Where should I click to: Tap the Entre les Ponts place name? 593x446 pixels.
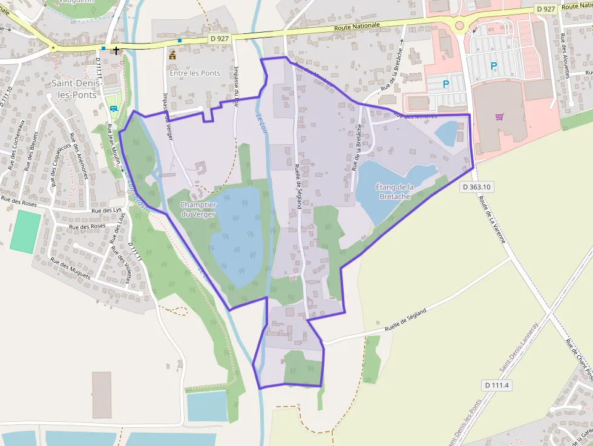click(x=194, y=73)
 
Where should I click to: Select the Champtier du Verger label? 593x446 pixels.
click(x=198, y=209)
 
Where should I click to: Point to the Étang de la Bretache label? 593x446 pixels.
click(x=395, y=191)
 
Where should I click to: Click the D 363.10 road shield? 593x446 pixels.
click(x=476, y=187)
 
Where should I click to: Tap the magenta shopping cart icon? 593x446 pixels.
click(x=499, y=117)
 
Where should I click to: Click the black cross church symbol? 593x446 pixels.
click(x=116, y=50)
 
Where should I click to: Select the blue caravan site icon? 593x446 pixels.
click(x=114, y=108)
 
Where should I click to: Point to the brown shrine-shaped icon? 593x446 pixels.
click(x=172, y=55)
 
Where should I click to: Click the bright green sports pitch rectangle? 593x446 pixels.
click(x=25, y=232)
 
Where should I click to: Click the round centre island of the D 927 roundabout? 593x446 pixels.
click(x=459, y=25)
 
